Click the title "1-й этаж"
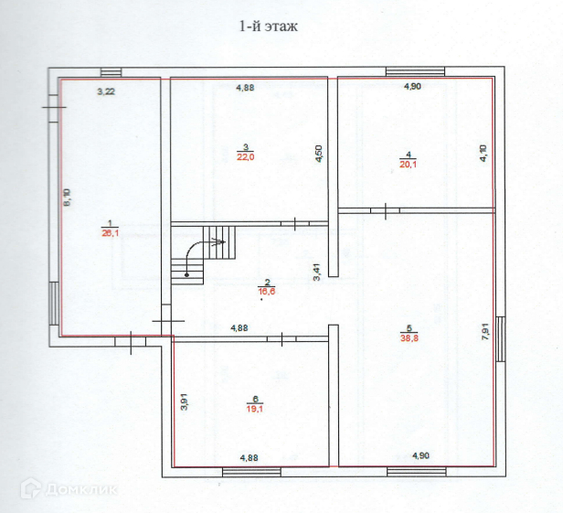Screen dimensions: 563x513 (269, 27)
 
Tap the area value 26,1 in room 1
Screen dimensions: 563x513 (109, 233)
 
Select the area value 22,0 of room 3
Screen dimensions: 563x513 (246, 157)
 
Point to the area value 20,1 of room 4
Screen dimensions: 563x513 (409, 164)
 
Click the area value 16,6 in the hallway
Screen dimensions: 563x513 (267, 293)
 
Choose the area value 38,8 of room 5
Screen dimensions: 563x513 (409, 337)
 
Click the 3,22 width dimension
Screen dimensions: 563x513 (106, 91)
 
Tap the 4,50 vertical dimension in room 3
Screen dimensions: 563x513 (319, 154)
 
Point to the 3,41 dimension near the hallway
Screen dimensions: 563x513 (316, 273)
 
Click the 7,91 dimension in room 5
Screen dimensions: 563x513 (485, 331)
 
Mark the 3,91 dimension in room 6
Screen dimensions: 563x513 (184, 401)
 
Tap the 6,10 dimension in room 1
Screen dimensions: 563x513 (67, 198)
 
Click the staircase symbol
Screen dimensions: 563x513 (203, 256)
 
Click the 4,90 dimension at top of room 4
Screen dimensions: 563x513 (413, 87)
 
